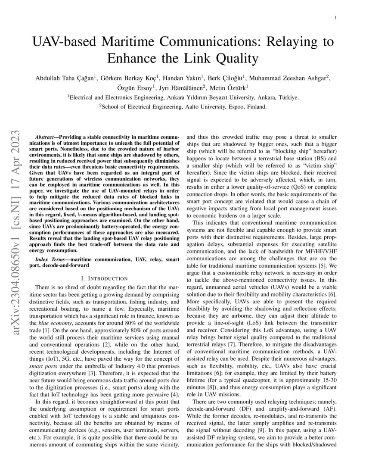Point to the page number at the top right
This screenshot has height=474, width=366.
pos(335,18)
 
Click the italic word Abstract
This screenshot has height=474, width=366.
pos(45,136)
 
